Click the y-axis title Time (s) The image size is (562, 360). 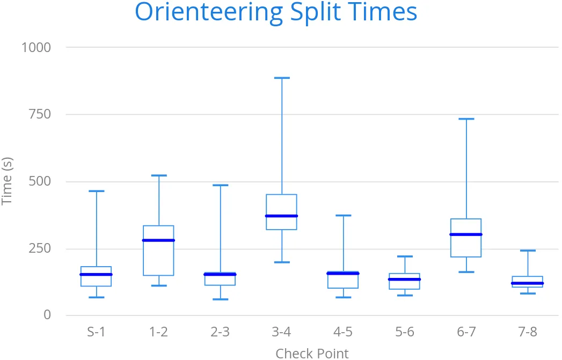[7, 181]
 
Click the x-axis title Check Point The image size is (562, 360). [312, 353]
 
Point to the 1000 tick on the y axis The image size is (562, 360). [36, 47]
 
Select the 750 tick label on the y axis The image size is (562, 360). [40, 114]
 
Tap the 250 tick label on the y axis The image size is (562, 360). [40, 248]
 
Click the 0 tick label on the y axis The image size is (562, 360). [47, 315]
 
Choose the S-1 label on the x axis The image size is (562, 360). [96, 332]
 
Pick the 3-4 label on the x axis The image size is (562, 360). [281, 332]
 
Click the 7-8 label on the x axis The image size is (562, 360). [528, 332]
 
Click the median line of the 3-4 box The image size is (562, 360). [281, 216]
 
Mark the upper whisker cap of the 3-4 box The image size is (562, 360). [281, 78]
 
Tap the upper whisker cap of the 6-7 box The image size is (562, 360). [466, 119]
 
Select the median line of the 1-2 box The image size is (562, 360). [158, 240]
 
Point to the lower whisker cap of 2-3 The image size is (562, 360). [220, 299]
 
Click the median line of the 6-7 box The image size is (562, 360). [466, 234]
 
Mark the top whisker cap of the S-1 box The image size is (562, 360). [96, 191]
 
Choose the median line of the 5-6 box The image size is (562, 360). [405, 279]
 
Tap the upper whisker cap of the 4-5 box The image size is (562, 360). [343, 215]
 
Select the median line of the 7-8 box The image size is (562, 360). [528, 283]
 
